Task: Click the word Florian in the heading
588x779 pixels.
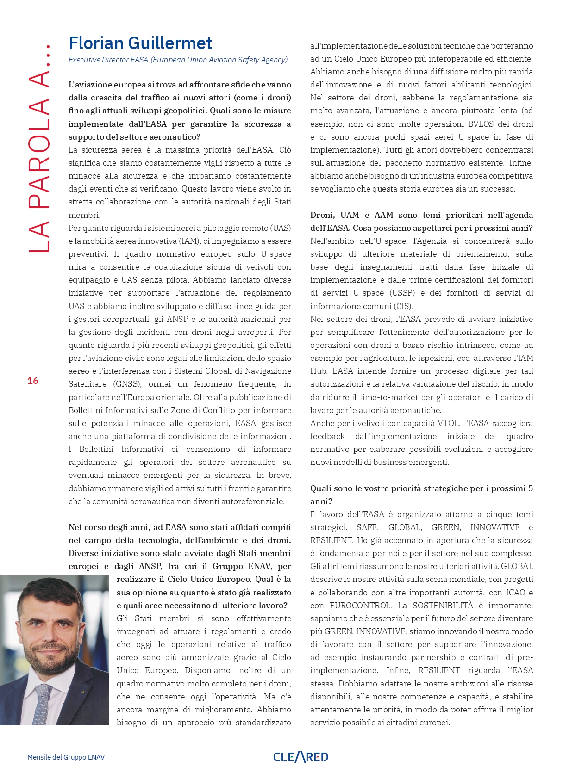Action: click(x=96, y=43)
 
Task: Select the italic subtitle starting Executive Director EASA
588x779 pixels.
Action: click(x=178, y=60)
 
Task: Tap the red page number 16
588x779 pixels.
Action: click(x=33, y=381)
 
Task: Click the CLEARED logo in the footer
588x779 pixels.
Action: click(x=300, y=757)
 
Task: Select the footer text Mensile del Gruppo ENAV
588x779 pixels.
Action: click(x=66, y=757)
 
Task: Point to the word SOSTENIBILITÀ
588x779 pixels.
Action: click(x=443, y=606)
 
